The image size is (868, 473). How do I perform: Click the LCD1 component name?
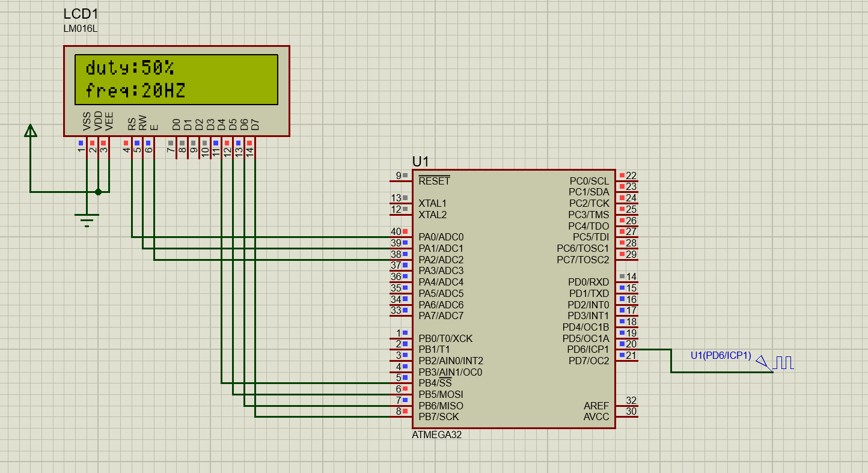click(81, 14)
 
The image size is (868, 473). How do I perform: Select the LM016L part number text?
click(80, 28)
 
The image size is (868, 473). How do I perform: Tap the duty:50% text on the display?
click(130, 67)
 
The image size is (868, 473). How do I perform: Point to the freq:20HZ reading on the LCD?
click(135, 91)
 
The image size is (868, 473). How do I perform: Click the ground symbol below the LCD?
click(87, 219)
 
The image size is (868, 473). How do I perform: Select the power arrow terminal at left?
click(30, 131)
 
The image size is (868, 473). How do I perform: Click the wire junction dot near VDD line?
click(98, 192)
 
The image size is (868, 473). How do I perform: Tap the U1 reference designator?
click(420, 161)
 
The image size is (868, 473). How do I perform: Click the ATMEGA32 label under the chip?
click(437, 435)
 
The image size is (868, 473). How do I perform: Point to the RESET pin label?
click(434, 181)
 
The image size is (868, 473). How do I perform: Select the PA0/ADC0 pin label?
click(441, 237)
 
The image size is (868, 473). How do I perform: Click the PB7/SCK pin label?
click(438, 417)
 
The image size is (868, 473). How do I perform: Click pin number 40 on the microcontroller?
click(396, 231)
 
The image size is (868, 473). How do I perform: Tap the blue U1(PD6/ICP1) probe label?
click(721, 355)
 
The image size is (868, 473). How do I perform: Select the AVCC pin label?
click(596, 417)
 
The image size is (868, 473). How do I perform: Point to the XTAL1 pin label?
click(432, 203)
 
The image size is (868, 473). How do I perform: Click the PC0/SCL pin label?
click(589, 181)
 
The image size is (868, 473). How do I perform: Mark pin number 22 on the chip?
click(631, 175)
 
